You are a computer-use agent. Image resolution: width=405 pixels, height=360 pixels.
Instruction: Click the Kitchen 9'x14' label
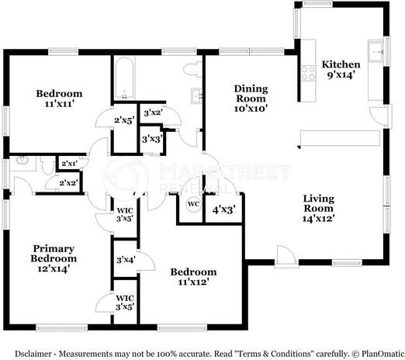[x=341, y=70]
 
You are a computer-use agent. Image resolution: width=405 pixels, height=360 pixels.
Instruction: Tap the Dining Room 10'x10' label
[x=251, y=99]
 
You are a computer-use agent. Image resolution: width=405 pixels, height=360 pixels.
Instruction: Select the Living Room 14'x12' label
[x=318, y=209]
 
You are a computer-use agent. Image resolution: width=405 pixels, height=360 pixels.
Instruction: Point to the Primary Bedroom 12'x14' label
[x=54, y=252]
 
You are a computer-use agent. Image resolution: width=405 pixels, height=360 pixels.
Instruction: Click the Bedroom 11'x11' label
[x=59, y=99]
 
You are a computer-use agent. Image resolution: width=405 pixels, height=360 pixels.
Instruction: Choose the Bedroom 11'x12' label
[x=193, y=278]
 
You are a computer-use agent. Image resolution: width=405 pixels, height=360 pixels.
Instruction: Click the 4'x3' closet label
[x=223, y=209]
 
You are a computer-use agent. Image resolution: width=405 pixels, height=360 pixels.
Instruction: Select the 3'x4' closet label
[x=125, y=260]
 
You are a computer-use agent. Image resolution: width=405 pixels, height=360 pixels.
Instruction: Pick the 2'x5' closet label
[x=125, y=120]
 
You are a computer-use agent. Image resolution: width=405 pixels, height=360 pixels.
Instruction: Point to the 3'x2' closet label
[x=152, y=112]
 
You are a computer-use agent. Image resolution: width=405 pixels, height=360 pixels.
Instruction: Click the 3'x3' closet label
[x=151, y=139]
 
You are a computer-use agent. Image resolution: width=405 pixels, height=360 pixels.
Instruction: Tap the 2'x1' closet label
[x=68, y=164]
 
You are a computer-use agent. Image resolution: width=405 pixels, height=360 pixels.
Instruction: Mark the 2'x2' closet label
[x=68, y=182]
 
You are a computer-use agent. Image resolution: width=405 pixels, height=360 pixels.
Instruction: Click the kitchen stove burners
[x=308, y=72]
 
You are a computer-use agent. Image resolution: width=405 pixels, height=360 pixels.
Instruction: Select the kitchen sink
[x=376, y=50]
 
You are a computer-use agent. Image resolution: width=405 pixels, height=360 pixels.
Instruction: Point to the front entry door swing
[x=285, y=256]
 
